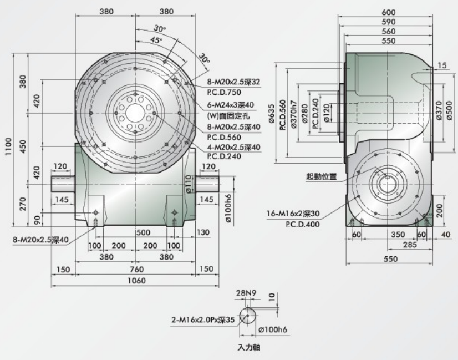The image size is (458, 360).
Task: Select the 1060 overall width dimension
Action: [136, 281]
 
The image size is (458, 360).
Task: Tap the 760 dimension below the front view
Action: [136, 269]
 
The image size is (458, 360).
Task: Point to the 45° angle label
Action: [156, 40]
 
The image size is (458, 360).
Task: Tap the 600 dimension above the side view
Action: [388, 13]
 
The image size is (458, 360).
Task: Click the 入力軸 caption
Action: [248, 348]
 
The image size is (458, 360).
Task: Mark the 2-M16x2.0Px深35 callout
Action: [203, 320]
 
